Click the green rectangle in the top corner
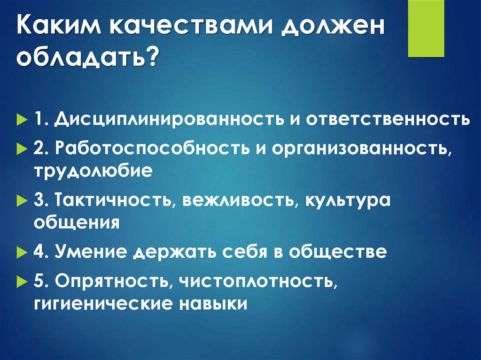(426, 28)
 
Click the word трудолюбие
(93, 171)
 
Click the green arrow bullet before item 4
(23, 252)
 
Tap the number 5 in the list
(39, 280)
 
